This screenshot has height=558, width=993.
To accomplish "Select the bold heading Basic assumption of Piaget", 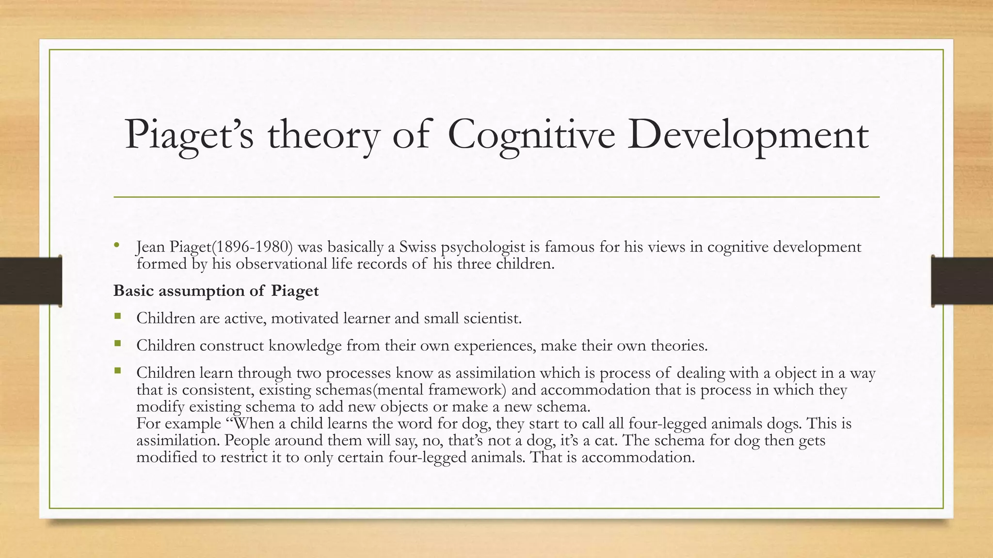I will [216, 291].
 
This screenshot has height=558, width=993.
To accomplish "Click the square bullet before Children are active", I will [117, 317].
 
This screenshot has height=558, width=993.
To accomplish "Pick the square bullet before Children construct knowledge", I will [117, 344].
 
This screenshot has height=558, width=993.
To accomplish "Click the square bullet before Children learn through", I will [117, 371].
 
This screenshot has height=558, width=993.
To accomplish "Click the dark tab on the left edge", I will [31, 281].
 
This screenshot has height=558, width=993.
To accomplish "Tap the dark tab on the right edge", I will [962, 281].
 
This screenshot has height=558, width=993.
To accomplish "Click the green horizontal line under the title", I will [496, 197].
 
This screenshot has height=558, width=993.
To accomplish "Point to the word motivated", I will [305, 318].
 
